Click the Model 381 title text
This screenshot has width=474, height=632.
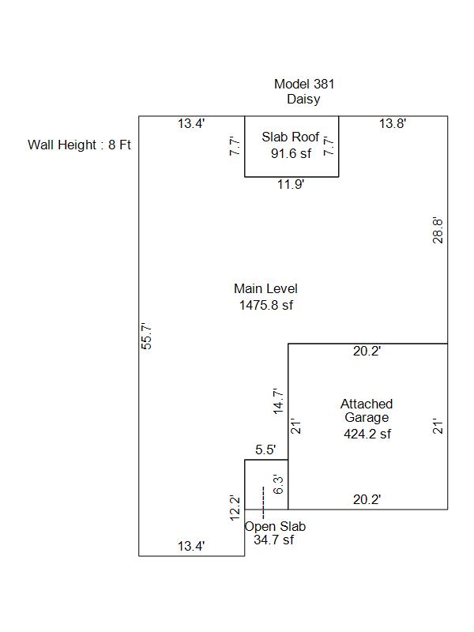(298, 84)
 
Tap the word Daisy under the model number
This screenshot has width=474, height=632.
(303, 100)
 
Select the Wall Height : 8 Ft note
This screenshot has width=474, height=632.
(79, 145)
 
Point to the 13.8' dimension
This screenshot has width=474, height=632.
(393, 123)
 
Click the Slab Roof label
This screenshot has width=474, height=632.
(291, 137)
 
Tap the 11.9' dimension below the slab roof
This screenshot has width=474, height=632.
(291, 185)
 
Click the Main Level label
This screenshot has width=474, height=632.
(265, 289)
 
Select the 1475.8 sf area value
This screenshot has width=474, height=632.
(266, 305)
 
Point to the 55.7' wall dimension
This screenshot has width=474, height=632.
(145, 337)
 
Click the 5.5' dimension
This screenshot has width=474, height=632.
(265, 450)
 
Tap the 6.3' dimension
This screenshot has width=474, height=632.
(278, 484)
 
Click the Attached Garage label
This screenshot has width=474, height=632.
(366, 411)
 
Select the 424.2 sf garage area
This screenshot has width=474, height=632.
(367, 434)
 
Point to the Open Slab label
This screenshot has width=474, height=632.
(275, 526)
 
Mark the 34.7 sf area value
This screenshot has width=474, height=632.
(273, 540)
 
